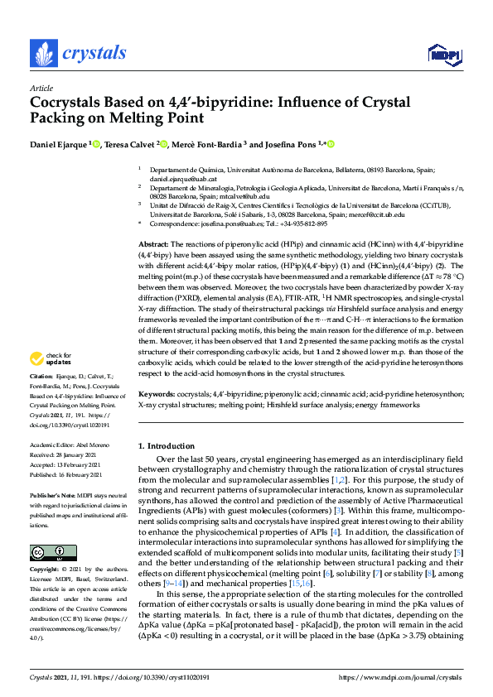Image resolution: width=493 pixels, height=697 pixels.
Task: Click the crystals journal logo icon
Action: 43,54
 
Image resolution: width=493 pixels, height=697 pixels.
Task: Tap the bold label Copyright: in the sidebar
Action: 46,570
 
